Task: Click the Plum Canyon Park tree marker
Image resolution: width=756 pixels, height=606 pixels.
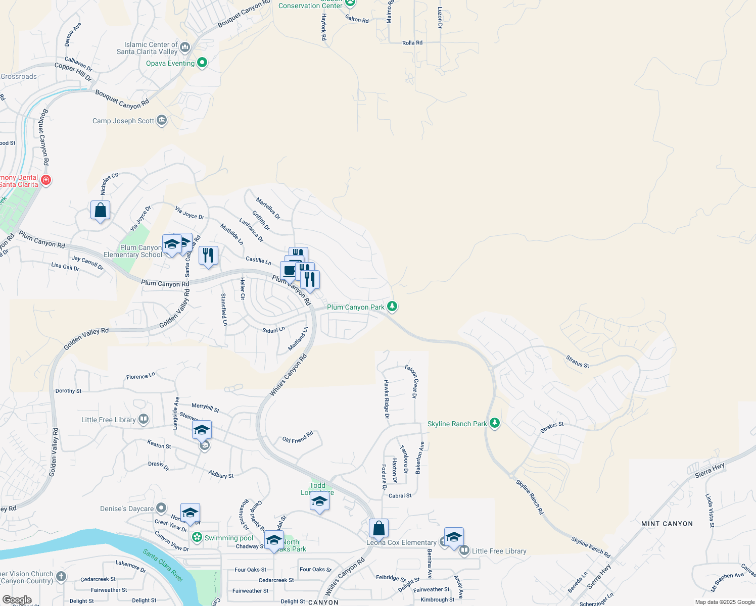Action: pos(392,307)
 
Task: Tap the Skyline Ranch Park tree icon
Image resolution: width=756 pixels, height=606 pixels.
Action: pos(495,423)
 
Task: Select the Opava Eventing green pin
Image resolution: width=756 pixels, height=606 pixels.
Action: pos(202,63)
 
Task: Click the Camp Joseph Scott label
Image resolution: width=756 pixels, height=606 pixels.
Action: pos(123,121)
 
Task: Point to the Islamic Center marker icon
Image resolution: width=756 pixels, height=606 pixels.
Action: pos(185,48)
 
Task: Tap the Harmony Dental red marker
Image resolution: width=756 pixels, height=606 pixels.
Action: pos(46,180)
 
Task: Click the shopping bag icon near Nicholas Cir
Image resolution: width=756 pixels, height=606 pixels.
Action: pos(101,210)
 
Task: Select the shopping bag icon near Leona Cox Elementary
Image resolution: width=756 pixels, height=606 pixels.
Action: pos(379,528)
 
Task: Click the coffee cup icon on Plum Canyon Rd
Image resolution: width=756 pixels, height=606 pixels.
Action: pos(290,271)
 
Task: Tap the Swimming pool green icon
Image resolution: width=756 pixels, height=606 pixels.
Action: pos(197,537)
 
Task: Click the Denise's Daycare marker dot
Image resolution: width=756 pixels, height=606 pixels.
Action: pos(161,508)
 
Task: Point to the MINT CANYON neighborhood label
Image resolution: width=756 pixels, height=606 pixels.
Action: pos(667,524)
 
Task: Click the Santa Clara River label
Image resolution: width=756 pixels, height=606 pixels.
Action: pos(163,565)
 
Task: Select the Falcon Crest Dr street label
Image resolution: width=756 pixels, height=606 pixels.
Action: pos(411,381)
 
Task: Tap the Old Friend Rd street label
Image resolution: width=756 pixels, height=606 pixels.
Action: pos(298,437)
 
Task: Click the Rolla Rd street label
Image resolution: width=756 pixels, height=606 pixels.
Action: pos(412,43)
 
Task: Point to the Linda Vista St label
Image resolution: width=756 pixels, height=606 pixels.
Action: pos(710,511)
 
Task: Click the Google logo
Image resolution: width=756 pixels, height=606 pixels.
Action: pos(17,600)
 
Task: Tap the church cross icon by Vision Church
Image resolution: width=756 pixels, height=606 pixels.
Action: pos(61,576)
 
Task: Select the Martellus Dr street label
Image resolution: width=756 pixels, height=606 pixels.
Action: pos(268,209)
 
